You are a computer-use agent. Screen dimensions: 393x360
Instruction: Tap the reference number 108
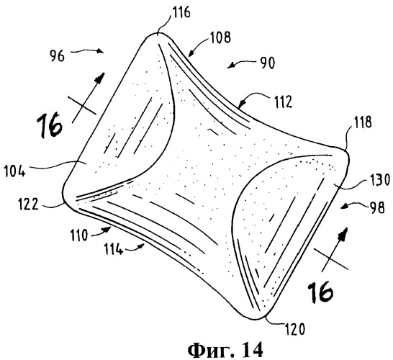pos(220,37)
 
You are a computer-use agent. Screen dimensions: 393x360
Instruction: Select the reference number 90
pos(268,63)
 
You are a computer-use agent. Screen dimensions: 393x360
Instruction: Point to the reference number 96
pos(57,56)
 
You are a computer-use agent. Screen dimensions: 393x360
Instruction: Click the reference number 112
pos(283,102)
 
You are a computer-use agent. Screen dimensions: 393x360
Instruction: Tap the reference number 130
pos(380,180)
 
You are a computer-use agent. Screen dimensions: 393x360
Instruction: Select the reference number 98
pos(377,208)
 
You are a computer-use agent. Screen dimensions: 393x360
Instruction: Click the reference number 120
pos(295,329)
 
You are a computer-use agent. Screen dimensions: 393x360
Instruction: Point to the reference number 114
pos(114,250)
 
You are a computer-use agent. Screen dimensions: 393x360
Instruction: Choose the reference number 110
pos(79,235)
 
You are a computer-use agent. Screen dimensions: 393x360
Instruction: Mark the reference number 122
pos(28,204)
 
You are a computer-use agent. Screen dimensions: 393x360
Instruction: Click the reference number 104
pos(15,172)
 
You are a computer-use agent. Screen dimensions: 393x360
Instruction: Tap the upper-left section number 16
pos(50,125)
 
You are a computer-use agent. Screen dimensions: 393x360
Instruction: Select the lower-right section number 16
pos(320,292)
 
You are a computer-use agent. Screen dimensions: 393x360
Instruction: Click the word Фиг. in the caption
pos(209,350)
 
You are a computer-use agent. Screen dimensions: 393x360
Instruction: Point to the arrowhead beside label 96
pos(101,51)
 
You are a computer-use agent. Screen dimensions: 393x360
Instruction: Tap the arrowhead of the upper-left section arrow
pos(101,76)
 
